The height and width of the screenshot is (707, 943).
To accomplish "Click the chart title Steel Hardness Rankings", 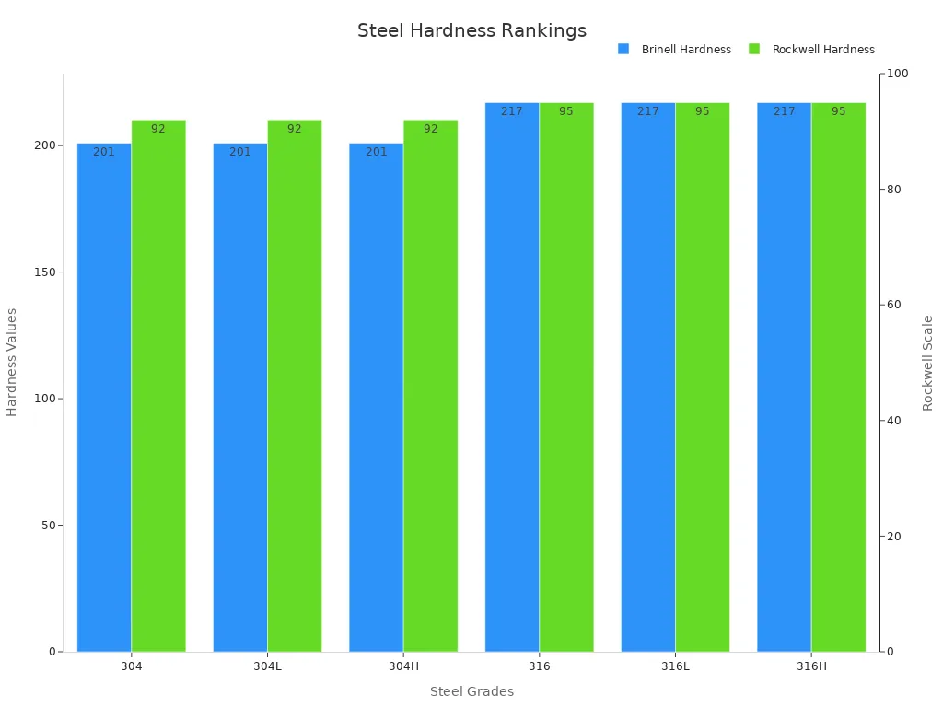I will [471, 30].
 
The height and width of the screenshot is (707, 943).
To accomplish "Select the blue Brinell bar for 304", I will [104, 396].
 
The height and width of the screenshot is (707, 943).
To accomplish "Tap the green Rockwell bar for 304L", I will [295, 387].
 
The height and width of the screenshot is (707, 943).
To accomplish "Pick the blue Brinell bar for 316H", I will [784, 377].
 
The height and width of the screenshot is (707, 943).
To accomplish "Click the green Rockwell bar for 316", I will [566, 377].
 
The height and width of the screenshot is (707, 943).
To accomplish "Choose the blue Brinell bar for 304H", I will [376, 396].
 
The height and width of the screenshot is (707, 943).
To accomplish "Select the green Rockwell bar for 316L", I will [703, 377].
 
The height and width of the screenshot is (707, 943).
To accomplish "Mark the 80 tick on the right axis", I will [891, 190].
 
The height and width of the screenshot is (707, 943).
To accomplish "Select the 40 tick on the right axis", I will [891, 421].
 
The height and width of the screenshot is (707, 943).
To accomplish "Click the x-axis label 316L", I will [675, 666].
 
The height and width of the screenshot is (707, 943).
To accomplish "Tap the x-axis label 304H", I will [403, 666].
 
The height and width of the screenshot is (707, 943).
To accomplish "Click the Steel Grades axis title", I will [471, 691].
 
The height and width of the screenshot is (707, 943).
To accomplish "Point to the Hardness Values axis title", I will [12, 362].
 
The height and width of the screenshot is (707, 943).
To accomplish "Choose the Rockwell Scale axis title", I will [927, 363].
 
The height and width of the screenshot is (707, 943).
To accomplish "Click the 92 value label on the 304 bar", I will [158, 129].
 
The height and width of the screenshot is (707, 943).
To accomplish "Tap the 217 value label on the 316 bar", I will [512, 111].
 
